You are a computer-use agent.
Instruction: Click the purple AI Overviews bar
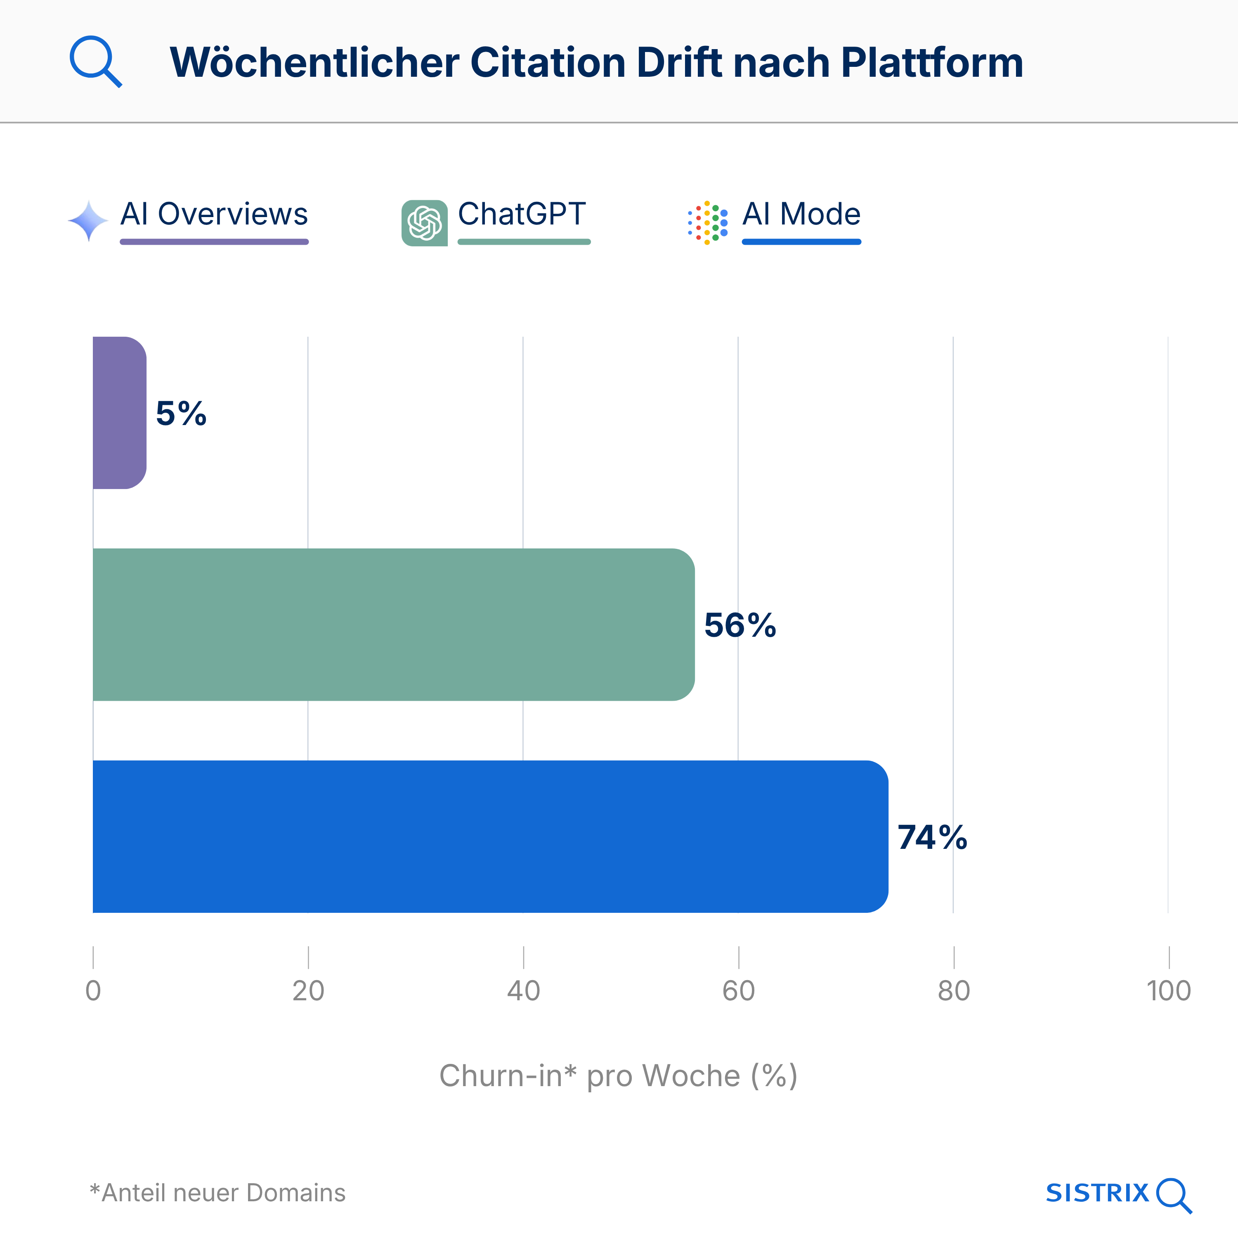coord(120,413)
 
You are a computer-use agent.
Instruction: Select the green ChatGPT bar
coord(393,625)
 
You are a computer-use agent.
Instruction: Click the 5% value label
coord(181,413)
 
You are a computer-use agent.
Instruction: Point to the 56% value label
coord(740,626)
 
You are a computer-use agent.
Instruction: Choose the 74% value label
coord(932,838)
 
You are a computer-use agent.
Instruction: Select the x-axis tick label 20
coord(308,991)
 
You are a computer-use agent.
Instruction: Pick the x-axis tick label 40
coord(524,991)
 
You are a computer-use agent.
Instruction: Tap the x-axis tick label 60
coord(738,991)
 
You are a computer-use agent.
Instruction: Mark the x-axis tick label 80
coord(954,991)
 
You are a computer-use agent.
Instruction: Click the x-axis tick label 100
coord(1168,991)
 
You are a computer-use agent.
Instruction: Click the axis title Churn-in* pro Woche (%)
coord(618,1076)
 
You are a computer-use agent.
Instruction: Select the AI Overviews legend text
coord(214,214)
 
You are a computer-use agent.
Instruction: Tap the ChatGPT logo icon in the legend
coord(424,223)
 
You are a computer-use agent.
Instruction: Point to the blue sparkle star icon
coord(88,221)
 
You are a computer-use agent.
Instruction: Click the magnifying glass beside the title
coord(95,61)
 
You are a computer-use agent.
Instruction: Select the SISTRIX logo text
coord(1097,1193)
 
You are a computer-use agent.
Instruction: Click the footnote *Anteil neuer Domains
coord(218,1193)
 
